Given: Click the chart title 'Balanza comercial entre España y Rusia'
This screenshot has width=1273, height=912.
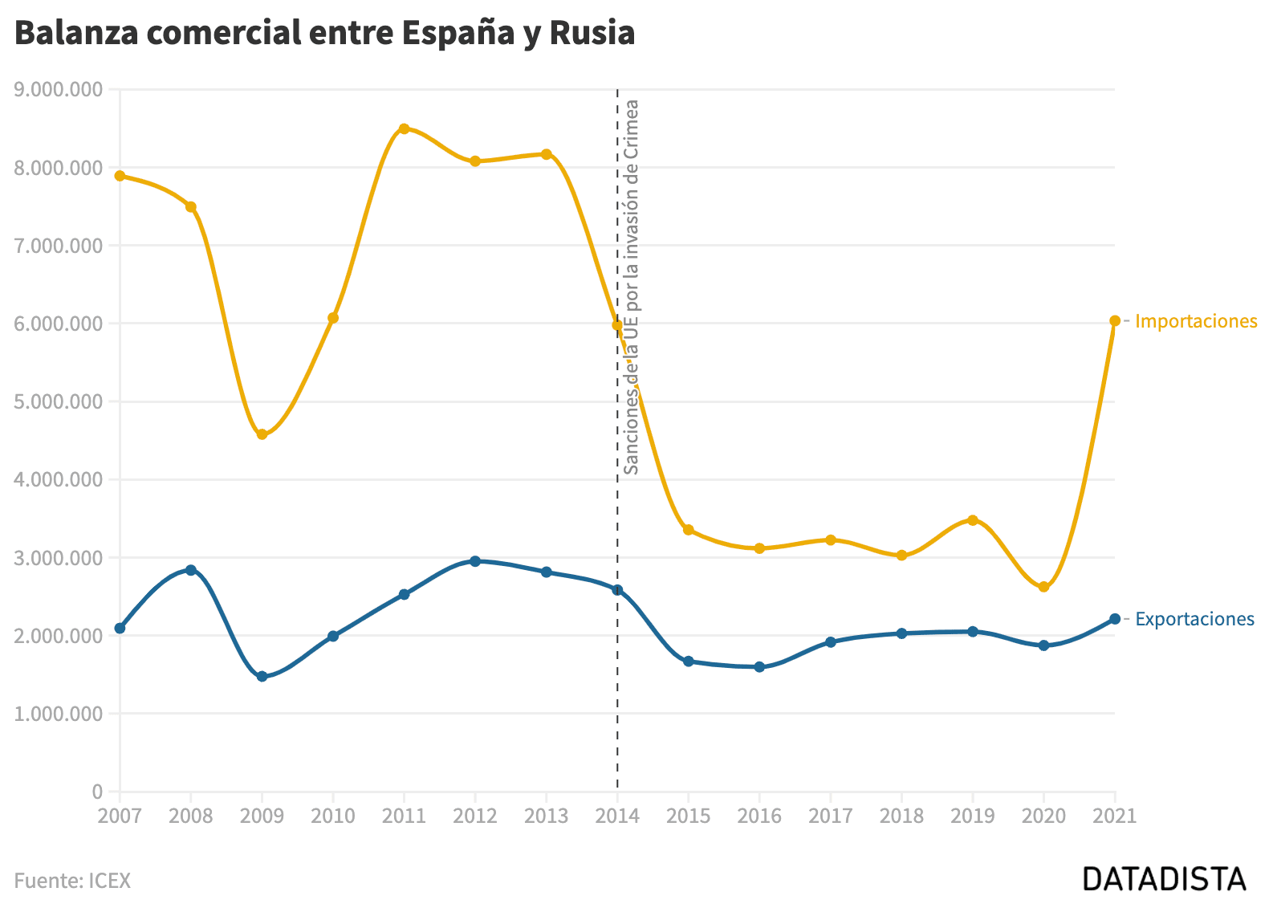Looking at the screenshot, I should (x=324, y=33).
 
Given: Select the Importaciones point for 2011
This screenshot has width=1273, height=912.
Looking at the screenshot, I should (x=404, y=128).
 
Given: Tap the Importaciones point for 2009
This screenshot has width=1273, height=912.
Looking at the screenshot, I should (x=262, y=434).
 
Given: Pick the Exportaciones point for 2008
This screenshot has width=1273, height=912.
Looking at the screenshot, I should (x=191, y=570).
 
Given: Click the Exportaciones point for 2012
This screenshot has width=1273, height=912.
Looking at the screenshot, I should (x=475, y=561).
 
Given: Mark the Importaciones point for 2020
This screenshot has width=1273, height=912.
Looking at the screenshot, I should (x=1043, y=587).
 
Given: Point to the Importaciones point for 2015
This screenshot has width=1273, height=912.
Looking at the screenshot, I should (x=688, y=530).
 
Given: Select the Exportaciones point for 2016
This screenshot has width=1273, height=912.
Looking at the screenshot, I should (x=759, y=666).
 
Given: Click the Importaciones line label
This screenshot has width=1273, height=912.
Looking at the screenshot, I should (x=1196, y=321).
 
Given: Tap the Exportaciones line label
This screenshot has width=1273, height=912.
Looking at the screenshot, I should (x=1194, y=619).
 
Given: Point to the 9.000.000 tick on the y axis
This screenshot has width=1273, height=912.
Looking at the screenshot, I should (x=59, y=89).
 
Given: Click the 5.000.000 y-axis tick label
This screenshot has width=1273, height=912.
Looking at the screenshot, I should (x=59, y=401).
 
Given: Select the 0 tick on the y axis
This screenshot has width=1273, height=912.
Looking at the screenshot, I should (x=97, y=792).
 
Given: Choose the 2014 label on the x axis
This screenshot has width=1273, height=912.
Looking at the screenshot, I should (x=617, y=816).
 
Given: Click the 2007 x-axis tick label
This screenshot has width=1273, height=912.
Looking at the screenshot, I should (x=120, y=816).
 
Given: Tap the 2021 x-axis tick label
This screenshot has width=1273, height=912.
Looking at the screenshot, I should (x=1114, y=816).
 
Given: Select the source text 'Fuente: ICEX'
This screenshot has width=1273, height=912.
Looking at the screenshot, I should (x=72, y=881).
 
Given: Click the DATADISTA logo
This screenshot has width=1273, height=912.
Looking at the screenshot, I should (x=1164, y=879).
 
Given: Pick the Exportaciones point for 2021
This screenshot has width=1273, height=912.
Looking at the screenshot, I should (x=1114, y=619).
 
